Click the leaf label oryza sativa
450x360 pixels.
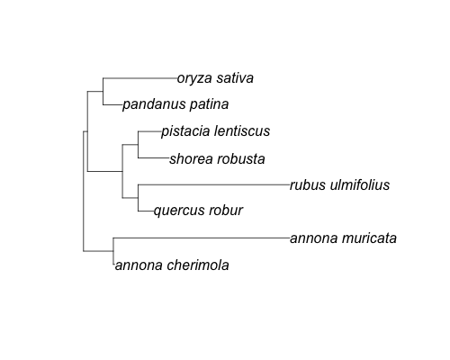(215, 78)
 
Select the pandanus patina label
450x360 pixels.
(175, 104)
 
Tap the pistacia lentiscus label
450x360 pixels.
(215, 131)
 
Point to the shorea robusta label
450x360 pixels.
(217, 158)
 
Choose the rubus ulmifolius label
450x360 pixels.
(339, 184)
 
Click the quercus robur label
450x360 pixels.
(198, 211)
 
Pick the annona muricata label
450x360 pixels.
(343, 238)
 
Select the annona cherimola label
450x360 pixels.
(172, 265)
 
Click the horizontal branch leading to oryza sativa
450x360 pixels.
(140, 78)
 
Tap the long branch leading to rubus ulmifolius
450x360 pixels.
(213, 184)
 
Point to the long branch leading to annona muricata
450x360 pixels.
(202, 238)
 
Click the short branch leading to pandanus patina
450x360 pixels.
(112, 104)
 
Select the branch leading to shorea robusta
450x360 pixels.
(154, 157)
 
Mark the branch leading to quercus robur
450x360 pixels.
(146, 211)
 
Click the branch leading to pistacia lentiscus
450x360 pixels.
(149, 131)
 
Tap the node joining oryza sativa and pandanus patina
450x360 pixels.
(103, 92)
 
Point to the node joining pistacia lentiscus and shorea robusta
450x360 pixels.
(138, 145)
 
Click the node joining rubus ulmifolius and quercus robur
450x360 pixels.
(138, 198)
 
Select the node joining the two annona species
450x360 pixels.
(113, 251)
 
